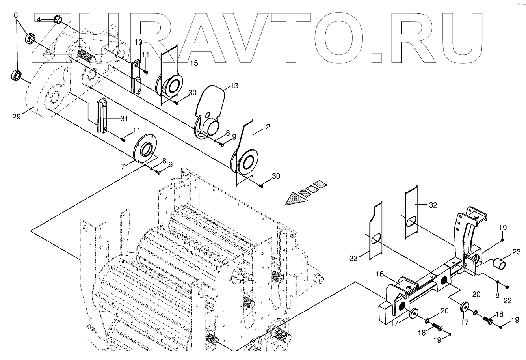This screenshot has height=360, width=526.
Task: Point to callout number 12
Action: pyautogui.click(x=266, y=127)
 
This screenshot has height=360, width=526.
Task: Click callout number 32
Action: pyautogui.click(x=433, y=205)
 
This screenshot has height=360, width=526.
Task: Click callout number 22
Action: pyautogui.click(x=507, y=300)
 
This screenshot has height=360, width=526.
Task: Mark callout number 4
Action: pyautogui.click(x=39, y=19)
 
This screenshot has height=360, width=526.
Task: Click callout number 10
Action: pyautogui.click(x=138, y=42)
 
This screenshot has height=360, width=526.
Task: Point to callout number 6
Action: pyautogui.click(x=16, y=15)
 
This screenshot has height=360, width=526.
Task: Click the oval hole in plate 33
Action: pyautogui.click(x=375, y=239)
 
